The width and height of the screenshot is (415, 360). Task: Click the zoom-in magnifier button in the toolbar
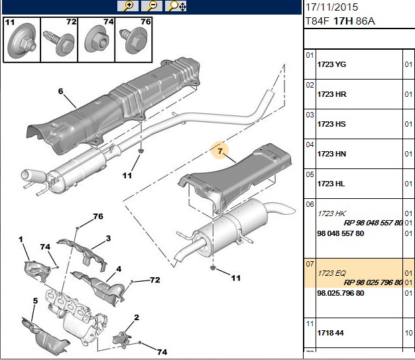pyautogui.click(x=128, y=6)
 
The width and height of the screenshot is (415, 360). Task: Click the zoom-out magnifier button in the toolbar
pyautogui.click(x=152, y=6)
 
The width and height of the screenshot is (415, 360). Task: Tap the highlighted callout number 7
pyautogui.click(x=220, y=151)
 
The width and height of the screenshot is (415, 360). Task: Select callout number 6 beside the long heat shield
pyautogui.click(x=60, y=91)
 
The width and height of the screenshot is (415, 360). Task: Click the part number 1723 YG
pyautogui.click(x=331, y=64)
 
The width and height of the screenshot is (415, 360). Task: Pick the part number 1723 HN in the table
pyautogui.click(x=331, y=154)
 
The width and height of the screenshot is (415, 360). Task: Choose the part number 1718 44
pyautogui.click(x=330, y=333)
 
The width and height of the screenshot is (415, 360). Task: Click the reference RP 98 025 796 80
pyautogui.click(x=373, y=282)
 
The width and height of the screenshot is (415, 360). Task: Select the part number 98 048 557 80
pyautogui.click(x=340, y=233)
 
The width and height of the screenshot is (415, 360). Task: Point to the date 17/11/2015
pyautogui.click(x=331, y=7)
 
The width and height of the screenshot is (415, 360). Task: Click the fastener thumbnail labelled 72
pyautogui.click(x=59, y=40)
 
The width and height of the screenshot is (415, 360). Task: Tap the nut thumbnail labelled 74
pyautogui.click(x=96, y=40)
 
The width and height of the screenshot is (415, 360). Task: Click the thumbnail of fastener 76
pyautogui.click(x=134, y=40)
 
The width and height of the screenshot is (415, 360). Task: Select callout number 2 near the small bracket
pyautogui.click(x=137, y=318)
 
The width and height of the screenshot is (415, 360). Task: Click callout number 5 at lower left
pyautogui.click(x=35, y=301)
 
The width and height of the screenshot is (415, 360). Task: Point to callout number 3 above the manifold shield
pyautogui.click(x=108, y=238)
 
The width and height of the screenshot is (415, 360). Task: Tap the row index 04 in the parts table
pyautogui.click(x=310, y=145)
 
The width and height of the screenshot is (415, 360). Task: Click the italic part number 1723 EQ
pyautogui.click(x=331, y=273)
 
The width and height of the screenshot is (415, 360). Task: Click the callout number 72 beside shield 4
pyautogui.click(x=155, y=280)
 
